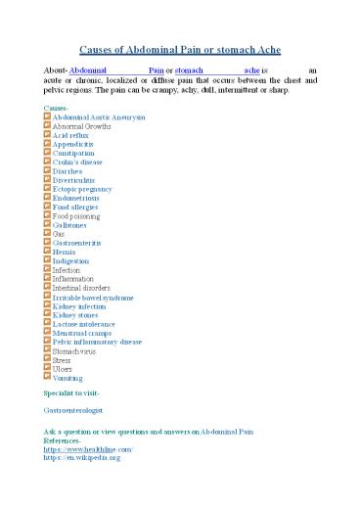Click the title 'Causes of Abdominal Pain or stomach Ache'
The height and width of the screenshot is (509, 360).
pos(180,49)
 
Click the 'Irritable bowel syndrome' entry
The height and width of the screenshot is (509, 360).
pos(94,297)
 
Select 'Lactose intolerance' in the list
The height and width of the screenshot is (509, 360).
pos(87,324)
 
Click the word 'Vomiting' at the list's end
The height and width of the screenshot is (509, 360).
pos(68,378)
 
